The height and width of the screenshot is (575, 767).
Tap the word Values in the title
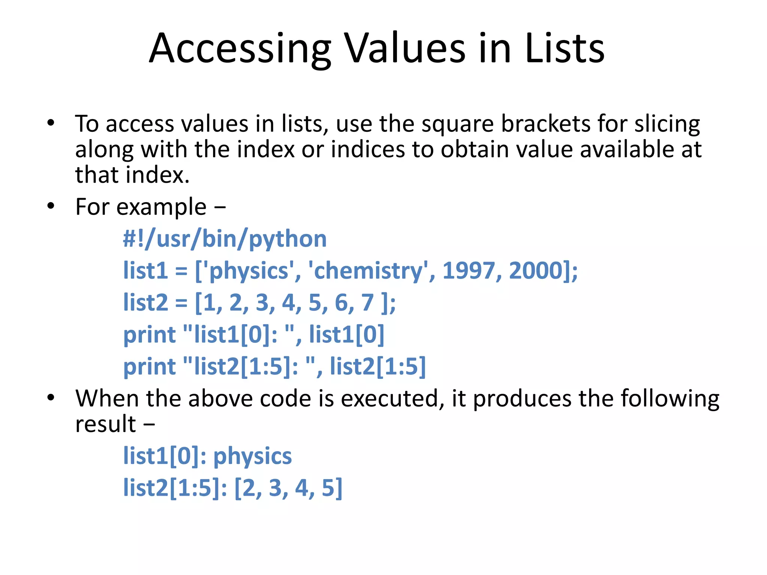click(x=404, y=49)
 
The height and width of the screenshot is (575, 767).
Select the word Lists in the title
click(x=564, y=49)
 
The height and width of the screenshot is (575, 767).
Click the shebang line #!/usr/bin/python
click(x=225, y=239)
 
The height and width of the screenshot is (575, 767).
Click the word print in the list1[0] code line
click(x=149, y=335)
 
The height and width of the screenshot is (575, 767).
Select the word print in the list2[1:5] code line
click(x=149, y=367)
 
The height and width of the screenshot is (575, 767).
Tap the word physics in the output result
click(x=252, y=457)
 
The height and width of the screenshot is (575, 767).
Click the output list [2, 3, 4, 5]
click(x=288, y=488)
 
